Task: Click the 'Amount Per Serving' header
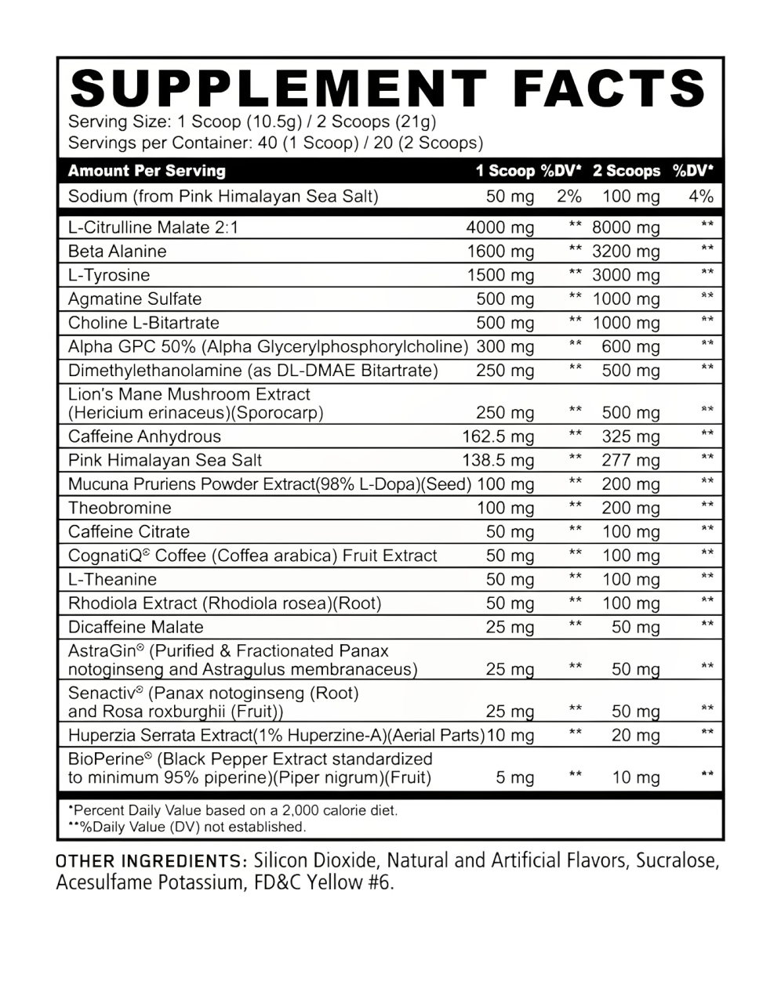tap(147, 171)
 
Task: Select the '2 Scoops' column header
tap(627, 171)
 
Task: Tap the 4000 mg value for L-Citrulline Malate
tap(499, 228)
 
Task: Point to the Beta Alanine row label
tap(118, 252)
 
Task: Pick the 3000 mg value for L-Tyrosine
tap(627, 276)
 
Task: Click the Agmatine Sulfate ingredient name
tap(135, 299)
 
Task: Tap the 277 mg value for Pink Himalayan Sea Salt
tap(630, 461)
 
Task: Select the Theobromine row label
tap(119, 508)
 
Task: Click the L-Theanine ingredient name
tap(112, 580)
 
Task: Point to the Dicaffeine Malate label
tap(136, 627)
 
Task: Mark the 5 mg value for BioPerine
tap(515, 778)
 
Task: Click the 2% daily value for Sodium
tap(568, 197)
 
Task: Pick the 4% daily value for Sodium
tap(700, 197)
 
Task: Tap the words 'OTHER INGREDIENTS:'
tap(151, 861)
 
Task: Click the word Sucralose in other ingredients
tap(677, 861)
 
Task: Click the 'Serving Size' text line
tap(252, 122)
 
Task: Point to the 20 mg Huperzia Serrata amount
tap(630, 736)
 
